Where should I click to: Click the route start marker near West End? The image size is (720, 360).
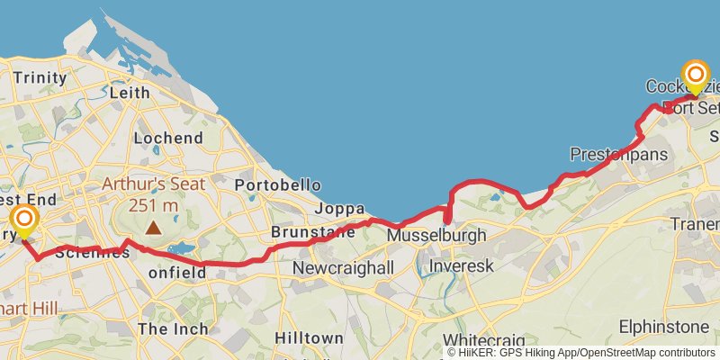24,220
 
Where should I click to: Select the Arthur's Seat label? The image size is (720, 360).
153,184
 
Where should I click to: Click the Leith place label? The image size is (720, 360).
129,92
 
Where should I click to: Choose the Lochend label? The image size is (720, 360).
167,138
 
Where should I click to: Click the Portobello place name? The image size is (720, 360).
271,184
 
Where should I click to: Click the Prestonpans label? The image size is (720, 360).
619,155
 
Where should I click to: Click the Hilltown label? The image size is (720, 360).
309,337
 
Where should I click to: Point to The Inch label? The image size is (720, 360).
173,328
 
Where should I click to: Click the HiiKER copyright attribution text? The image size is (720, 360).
581,353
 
